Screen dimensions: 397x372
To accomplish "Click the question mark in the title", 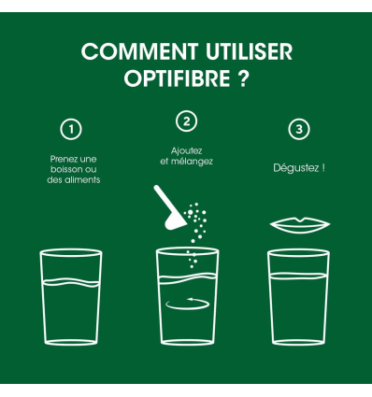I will coord(242,78).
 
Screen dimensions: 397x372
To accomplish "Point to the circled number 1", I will coord(71,129).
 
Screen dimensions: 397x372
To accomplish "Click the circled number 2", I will coord(187,121).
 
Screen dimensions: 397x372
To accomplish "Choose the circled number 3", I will coord(298,129).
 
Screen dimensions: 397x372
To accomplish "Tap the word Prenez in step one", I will coord(64,159).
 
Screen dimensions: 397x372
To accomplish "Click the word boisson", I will coord(64,169).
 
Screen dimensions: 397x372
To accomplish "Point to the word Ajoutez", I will coord(187,150).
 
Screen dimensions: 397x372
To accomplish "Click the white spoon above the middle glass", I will coord(165,207).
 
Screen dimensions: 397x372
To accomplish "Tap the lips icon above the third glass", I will coord(299,225).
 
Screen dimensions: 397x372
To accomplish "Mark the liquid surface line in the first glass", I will coord(72,281).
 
